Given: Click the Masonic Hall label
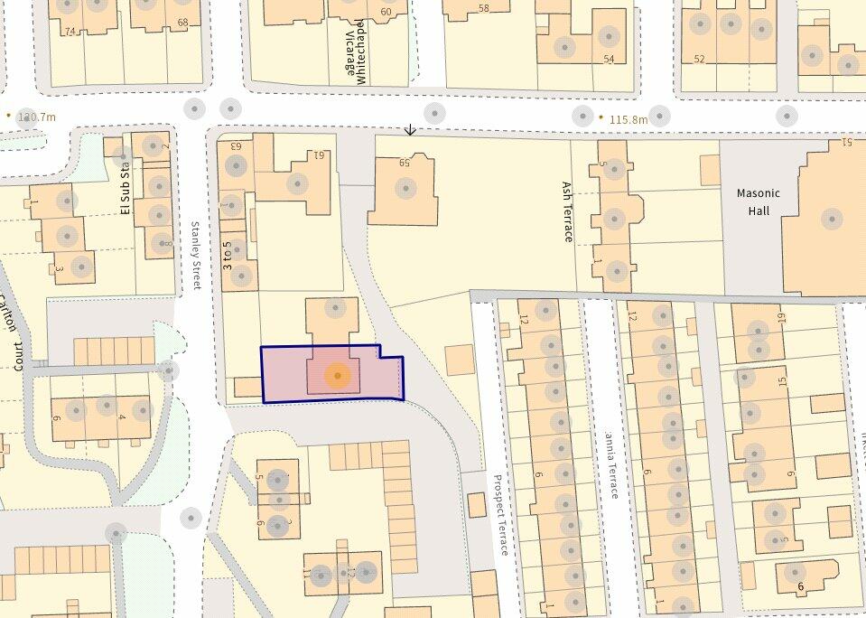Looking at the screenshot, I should click(x=758, y=201).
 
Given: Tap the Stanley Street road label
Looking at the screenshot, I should click(x=196, y=256).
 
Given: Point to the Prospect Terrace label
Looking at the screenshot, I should click(x=502, y=515).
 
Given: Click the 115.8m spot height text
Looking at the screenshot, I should click(x=629, y=119).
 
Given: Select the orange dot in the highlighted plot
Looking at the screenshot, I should click(x=337, y=375).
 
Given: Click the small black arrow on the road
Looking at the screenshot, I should click(x=410, y=130).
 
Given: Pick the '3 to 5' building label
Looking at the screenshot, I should click(x=228, y=255).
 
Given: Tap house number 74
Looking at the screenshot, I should click(x=70, y=31).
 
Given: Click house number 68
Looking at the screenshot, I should click(x=183, y=22).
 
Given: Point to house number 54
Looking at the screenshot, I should click(x=609, y=59).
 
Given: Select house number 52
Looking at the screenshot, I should click(x=699, y=59).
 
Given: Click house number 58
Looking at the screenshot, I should click(x=483, y=9).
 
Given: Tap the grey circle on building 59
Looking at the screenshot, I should click(x=405, y=189).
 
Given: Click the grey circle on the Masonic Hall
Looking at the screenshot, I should click(x=832, y=219).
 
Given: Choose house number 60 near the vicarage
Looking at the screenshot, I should click(x=386, y=12).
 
